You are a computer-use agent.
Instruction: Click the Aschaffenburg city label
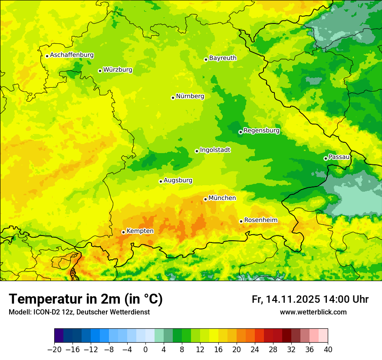[x=72, y=55]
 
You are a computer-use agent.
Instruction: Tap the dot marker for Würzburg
[x=100, y=71]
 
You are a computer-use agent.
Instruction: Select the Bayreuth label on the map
[x=223, y=58]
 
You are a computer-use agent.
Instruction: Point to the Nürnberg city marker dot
[x=173, y=98]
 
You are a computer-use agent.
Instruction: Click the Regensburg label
[x=261, y=131]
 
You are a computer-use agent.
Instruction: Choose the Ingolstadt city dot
[x=197, y=151]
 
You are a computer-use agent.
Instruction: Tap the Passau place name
[x=339, y=157]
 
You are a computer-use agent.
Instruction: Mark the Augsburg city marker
[x=161, y=181]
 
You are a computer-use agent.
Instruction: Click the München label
[x=222, y=198]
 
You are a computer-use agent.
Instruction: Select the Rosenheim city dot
[x=241, y=221]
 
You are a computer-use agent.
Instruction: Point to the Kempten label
[x=140, y=231]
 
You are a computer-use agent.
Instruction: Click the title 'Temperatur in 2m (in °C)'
[x=86, y=299]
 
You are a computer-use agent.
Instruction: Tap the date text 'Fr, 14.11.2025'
[x=286, y=299]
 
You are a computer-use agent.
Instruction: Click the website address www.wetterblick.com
[x=313, y=312]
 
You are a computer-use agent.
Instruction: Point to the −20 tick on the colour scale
[x=54, y=349]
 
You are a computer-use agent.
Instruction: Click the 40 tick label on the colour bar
[x=328, y=349]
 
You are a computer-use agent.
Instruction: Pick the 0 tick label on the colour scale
[x=145, y=349]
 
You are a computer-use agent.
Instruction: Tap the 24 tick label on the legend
[x=255, y=349]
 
